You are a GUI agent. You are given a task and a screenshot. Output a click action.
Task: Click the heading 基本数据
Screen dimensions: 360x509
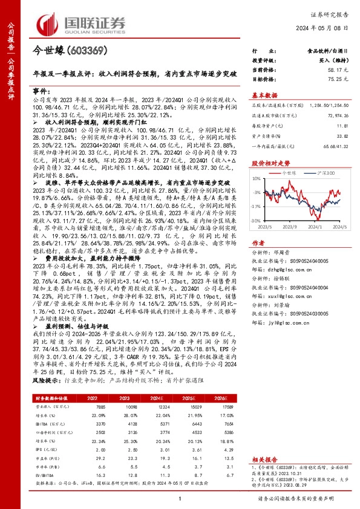(264, 96)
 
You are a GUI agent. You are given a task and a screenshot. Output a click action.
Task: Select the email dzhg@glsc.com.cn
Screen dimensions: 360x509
(285, 263)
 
